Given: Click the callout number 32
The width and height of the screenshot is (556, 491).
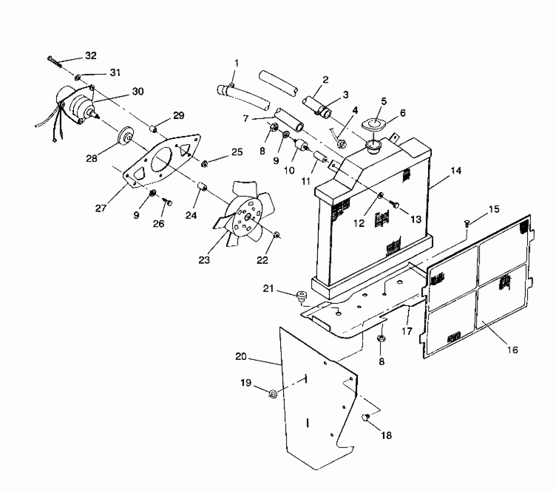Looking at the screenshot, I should (x=90, y=55).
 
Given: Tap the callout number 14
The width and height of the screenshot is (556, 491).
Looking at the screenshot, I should (x=456, y=171).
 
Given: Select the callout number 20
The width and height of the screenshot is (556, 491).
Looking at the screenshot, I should (x=241, y=357).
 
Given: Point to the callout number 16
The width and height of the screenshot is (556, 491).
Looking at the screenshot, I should (x=513, y=350).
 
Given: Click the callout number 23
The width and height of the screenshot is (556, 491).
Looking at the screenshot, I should (x=204, y=260).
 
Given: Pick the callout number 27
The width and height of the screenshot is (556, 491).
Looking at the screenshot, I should (x=101, y=208).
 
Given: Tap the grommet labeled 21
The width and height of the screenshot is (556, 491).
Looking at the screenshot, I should (x=301, y=296).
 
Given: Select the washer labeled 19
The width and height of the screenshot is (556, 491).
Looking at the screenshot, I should (x=273, y=394).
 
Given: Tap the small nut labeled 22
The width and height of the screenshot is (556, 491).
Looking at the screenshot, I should (x=276, y=235).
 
